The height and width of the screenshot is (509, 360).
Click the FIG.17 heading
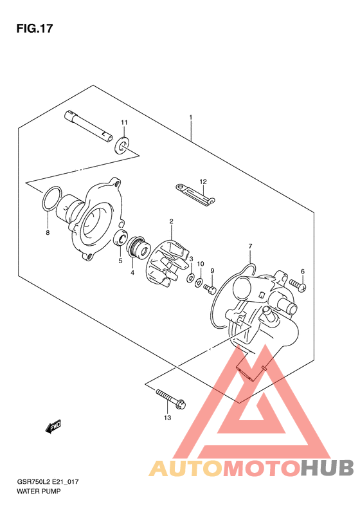pyautogui.click(x=34, y=28)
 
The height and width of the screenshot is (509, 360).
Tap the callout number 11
pyautogui.click(x=124, y=122)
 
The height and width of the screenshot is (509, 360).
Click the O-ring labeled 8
pyautogui.click(x=51, y=199)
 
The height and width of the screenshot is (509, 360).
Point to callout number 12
pyautogui.click(x=203, y=181)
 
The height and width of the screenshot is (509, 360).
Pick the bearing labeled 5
pyautogui.click(x=122, y=237)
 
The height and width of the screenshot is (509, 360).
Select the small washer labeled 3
pyautogui.click(x=190, y=277)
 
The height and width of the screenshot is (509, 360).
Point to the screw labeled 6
pyautogui.click(x=298, y=285)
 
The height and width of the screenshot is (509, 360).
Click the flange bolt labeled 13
pyautogui.click(x=170, y=398)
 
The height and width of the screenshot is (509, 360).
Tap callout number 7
pyautogui.click(x=250, y=246)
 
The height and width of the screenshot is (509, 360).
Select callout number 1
pyautogui.click(x=191, y=117)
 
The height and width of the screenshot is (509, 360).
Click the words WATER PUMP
pyautogui.click(x=39, y=491)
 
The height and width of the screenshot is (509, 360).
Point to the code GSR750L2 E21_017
pyautogui.click(x=48, y=482)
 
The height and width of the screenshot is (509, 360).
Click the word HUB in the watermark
pyautogui.click(x=327, y=468)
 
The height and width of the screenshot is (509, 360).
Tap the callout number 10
pyautogui.click(x=201, y=264)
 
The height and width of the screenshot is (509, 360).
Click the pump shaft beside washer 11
pyautogui.click(x=89, y=126)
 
